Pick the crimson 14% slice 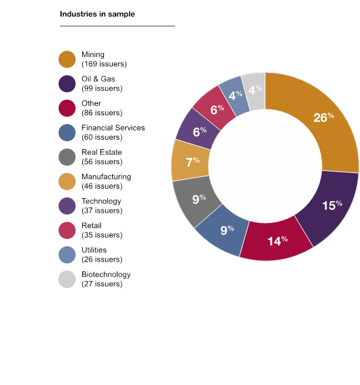pyautogui.click(x=276, y=238)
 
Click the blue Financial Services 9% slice pyautogui.click(x=223, y=229)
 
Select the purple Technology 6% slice pyautogui.click(x=197, y=130)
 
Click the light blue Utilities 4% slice pyautogui.click(x=234, y=94)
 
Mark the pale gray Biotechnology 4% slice pyautogui.click(x=255, y=89)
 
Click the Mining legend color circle pyautogui.click(x=67, y=59)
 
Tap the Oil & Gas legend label pyautogui.click(x=98, y=79)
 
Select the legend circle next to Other pyautogui.click(x=67, y=108)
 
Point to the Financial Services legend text pyautogui.click(x=113, y=128)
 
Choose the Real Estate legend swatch pyautogui.click(x=67, y=157)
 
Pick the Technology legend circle pyautogui.click(x=67, y=206)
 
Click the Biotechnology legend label pyautogui.click(x=106, y=274)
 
